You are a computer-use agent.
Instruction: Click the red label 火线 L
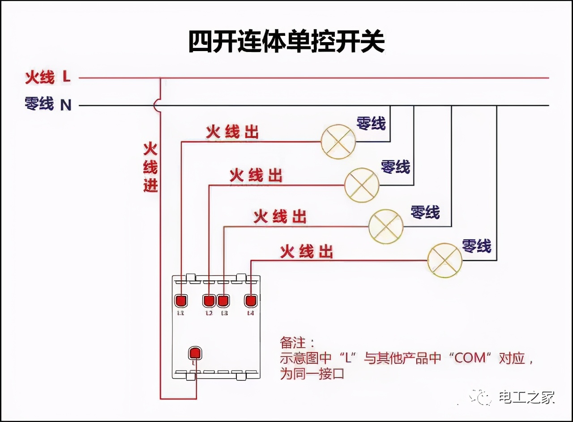(x=47, y=78)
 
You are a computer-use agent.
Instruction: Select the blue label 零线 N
(x=48, y=104)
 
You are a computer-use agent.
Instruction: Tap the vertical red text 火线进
(x=150, y=167)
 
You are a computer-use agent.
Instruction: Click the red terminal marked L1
(x=181, y=301)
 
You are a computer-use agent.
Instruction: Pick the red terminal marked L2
(x=209, y=301)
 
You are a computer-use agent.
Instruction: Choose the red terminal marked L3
(x=223, y=301)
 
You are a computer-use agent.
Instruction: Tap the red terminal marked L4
(x=251, y=301)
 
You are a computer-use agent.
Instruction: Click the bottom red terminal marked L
(x=195, y=353)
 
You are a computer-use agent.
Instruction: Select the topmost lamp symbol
(x=338, y=142)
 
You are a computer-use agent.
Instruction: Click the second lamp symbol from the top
(x=362, y=185)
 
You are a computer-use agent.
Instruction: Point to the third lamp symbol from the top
(x=386, y=227)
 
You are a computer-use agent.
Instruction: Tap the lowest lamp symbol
(x=445, y=261)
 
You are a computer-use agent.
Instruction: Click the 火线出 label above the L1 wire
(x=232, y=132)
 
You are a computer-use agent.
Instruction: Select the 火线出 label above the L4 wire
(x=307, y=252)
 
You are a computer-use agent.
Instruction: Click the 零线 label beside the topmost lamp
(x=371, y=123)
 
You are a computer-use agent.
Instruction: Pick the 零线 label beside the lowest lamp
(x=477, y=246)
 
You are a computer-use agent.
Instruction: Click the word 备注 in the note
(x=294, y=343)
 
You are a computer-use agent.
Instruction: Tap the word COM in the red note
(x=470, y=358)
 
